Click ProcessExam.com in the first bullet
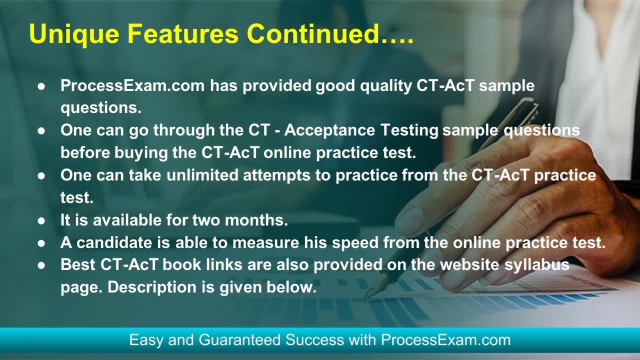132,85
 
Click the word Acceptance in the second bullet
329,131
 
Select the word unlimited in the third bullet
202,175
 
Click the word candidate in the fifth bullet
114,242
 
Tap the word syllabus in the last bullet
537,265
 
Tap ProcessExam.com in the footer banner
445,340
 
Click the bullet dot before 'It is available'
41,221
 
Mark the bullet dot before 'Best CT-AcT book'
41,265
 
